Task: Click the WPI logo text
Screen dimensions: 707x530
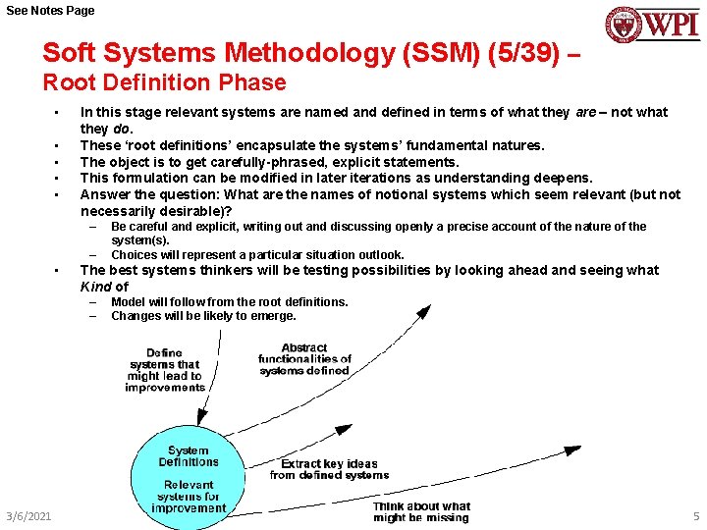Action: [x=671, y=24]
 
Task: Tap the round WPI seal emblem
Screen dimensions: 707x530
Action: [x=623, y=25]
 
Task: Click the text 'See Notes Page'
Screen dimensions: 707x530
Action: [x=51, y=10]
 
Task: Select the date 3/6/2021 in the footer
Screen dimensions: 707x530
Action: [x=28, y=516]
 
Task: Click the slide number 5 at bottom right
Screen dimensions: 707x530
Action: [x=695, y=516]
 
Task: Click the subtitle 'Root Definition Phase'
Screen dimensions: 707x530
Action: [x=164, y=83]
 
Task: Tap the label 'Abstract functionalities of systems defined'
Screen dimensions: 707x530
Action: [x=303, y=359]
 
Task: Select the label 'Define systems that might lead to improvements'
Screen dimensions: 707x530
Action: [x=164, y=370]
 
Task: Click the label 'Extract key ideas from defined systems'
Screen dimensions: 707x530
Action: [x=329, y=469]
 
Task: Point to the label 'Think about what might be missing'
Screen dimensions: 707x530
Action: [x=421, y=511]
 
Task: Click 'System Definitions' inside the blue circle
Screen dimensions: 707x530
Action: [x=188, y=456]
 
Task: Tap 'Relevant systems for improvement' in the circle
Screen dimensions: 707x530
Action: [x=189, y=496]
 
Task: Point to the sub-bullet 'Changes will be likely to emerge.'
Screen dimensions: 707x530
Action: [x=203, y=316]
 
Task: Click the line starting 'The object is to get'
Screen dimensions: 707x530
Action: [x=269, y=162]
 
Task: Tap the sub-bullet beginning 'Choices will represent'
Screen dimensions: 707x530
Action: [x=257, y=254]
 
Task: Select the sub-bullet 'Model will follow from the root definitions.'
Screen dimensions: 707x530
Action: [x=229, y=301]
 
